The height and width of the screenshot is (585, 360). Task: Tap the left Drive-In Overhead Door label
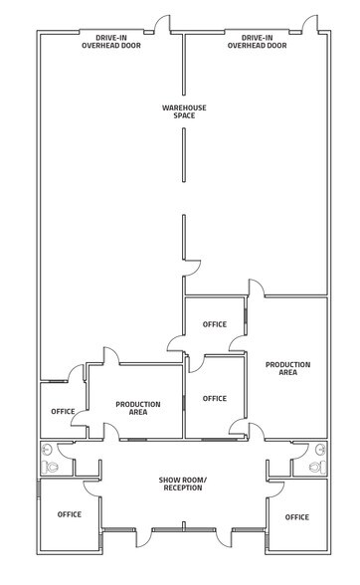pyautogui.click(x=111, y=42)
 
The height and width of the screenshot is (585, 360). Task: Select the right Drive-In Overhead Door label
pyautogui.click(x=257, y=42)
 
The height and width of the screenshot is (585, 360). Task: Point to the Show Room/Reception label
pyautogui.click(x=182, y=485)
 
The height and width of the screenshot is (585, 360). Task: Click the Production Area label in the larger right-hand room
pyautogui.click(x=287, y=368)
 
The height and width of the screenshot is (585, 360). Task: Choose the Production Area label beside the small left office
pyautogui.click(x=138, y=408)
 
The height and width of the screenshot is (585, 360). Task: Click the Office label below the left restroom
pyautogui.click(x=69, y=514)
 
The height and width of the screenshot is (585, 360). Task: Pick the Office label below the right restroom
pyautogui.click(x=296, y=517)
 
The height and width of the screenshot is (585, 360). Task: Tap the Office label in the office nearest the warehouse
pyautogui.click(x=215, y=324)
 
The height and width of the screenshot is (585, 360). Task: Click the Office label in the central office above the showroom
pyautogui.click(x=215, y=398)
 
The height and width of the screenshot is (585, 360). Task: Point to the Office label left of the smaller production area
pyautogui.click(x=64, y=412)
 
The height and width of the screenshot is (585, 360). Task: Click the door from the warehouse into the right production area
pyautogui.click(x=256, y=289)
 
